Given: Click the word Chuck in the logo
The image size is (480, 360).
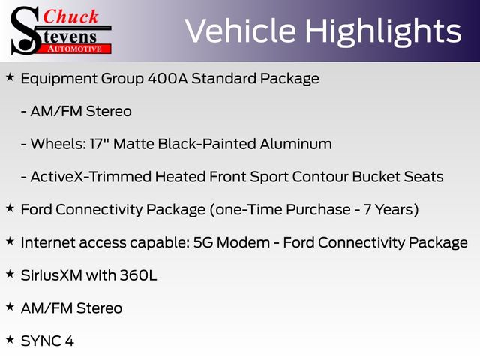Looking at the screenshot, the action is (70, 16).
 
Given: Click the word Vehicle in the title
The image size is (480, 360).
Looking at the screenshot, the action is (240, 31).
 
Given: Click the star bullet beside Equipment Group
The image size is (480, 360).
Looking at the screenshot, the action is (10, 77).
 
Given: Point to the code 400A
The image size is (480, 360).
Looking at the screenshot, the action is (167, 78).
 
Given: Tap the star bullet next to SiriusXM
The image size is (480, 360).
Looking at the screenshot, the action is (10, 274).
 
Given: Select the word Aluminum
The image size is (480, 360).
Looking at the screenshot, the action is (296, 144).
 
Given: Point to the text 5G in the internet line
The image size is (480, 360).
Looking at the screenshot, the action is (203, 242).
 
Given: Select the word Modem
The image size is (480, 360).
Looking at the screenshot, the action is (243, 242).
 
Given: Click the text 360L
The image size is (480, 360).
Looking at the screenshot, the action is (138, 275).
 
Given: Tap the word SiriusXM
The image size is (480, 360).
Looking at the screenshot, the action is (52, 275).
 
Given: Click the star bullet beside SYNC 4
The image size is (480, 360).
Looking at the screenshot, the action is (10, 340).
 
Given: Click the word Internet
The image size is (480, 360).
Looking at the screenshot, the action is (48, 242).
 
